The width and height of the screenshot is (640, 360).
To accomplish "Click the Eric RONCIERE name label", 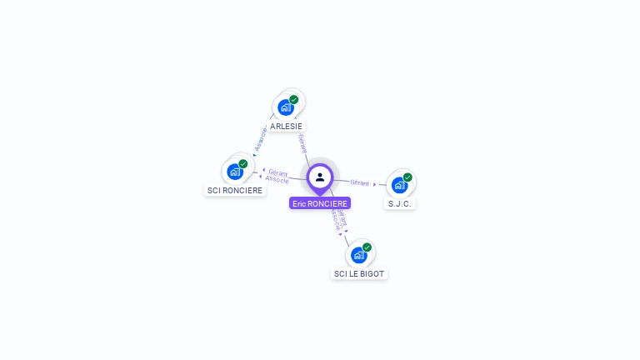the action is pyautogui.click(x=320, y=203).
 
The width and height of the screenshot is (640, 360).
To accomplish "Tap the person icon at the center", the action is pyautogui.click(x=320, y=177).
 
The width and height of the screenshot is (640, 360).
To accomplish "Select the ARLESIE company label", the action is pyautogui.click(x=287, y=126).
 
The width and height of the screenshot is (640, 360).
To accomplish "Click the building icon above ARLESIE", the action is pyautogui.click(x=286, y=107).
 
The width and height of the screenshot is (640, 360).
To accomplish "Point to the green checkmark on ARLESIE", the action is pyautogui.click(x=294, y=100).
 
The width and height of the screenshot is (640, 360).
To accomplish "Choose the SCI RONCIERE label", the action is pyautogui.click(x=235, y=190).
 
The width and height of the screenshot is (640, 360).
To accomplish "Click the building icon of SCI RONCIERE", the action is pyautogui.click(x=235, y=172).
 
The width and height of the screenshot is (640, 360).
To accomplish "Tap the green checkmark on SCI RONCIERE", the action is pyautogui.click(x=243, y=164).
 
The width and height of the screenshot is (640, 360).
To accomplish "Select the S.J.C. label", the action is pyautogui.click(x=400, y=203).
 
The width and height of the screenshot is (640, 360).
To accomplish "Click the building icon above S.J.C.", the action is pyautogui.click(x=399, y=184).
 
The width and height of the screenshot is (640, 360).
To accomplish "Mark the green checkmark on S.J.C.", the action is pyautogui.click(x=407, y=177).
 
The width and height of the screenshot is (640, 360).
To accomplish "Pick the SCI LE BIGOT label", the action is pyautogui.click(x=359, y=273).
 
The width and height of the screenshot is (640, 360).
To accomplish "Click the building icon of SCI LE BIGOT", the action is pyautogui.click(x=358, y=254).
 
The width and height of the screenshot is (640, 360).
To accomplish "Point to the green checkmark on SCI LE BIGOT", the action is pyautogui.click(x=367, y=247).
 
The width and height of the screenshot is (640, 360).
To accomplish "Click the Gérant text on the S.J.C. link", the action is pyautogui.click(x=360, y=182).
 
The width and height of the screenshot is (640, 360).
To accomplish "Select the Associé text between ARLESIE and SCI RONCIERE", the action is pyautogui.click(x=260, y=137).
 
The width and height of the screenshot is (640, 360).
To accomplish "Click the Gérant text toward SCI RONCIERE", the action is pyautogui.click(x=278, y=172).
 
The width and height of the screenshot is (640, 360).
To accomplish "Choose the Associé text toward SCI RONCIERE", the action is pyautogui.click(x=277, y=180).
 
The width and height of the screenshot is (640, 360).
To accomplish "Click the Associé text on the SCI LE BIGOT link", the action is pyautogui.click(x=335, y=219).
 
